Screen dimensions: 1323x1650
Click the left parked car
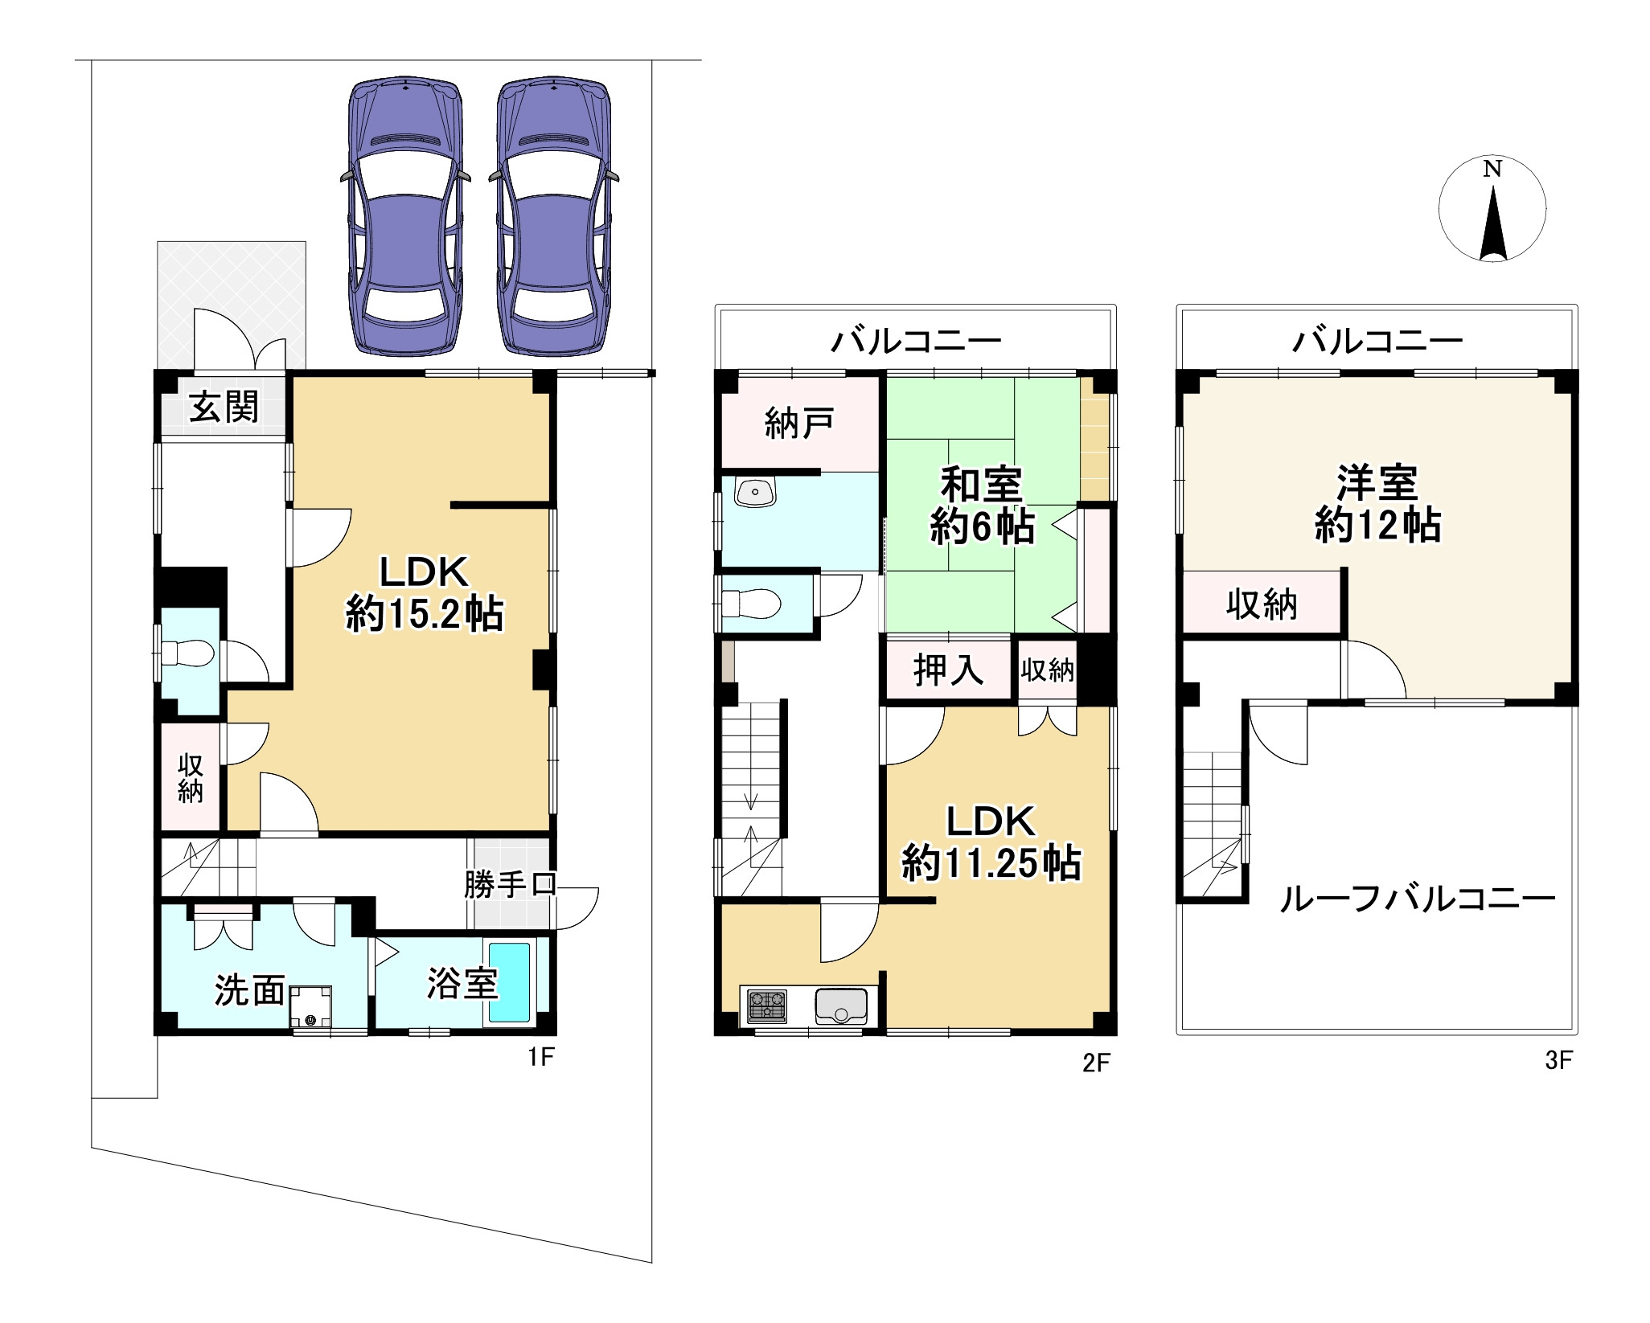[x=405, y=217]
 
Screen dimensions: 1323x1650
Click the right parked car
[x=553, y=217]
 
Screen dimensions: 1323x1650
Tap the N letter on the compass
[x=1492, y=169]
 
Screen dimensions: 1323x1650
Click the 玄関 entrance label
[x=224, y=408]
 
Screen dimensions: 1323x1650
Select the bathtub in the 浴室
[x=510, y=982]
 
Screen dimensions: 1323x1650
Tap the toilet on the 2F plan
[x=753, y=604]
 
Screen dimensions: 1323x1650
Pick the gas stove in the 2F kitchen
[x=768, y=1006]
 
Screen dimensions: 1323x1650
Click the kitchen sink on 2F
[x=841, y=1006]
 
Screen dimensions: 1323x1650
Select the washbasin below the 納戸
[x=756, y=493]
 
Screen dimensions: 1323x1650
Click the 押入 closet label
[x=949, y=670]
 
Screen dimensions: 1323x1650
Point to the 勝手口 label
[x=510, y=885]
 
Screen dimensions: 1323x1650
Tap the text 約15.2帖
[x=425, y=616]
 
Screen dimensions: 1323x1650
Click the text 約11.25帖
[x=991, y=864]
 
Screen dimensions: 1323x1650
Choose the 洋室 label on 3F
[x=1377, y=482]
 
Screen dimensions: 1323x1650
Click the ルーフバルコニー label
[x=1417, y=899]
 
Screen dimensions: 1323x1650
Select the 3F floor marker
[x=1558, y=1060]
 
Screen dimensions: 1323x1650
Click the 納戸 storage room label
[x=798, y=424]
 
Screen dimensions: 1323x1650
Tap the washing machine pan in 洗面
[x=311, y=1006]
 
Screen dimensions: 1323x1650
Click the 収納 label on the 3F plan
[x=1261, y=604]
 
